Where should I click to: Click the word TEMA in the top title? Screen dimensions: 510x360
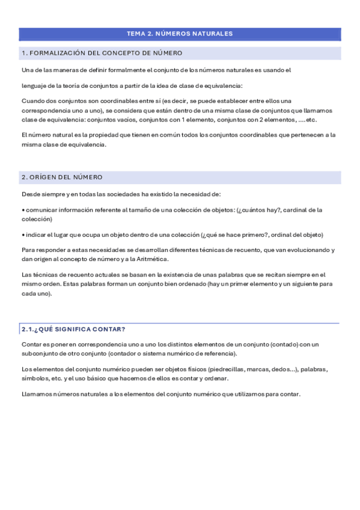(136, 34)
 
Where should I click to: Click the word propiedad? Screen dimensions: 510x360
(88, 135)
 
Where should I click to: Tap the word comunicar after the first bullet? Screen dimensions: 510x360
(40, 210)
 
